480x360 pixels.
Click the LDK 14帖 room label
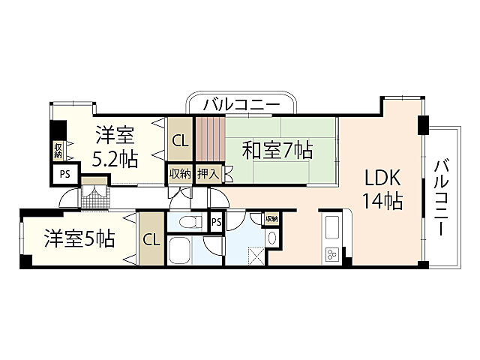382,190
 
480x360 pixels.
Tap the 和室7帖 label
277,150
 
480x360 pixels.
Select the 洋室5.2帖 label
115,147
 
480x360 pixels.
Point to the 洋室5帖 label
80,238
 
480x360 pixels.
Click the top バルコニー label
241,105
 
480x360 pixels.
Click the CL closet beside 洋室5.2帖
180,141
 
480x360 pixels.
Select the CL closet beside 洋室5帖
151,239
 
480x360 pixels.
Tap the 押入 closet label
208,174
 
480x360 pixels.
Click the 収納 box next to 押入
180,174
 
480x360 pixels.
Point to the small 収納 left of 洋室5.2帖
58,151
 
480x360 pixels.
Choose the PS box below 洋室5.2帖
64,175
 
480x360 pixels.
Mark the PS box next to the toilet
217,222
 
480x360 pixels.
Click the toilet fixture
190,222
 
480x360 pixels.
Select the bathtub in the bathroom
180,250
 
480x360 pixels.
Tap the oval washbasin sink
271,238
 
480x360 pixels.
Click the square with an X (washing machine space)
255,255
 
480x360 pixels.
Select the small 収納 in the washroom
271,219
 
